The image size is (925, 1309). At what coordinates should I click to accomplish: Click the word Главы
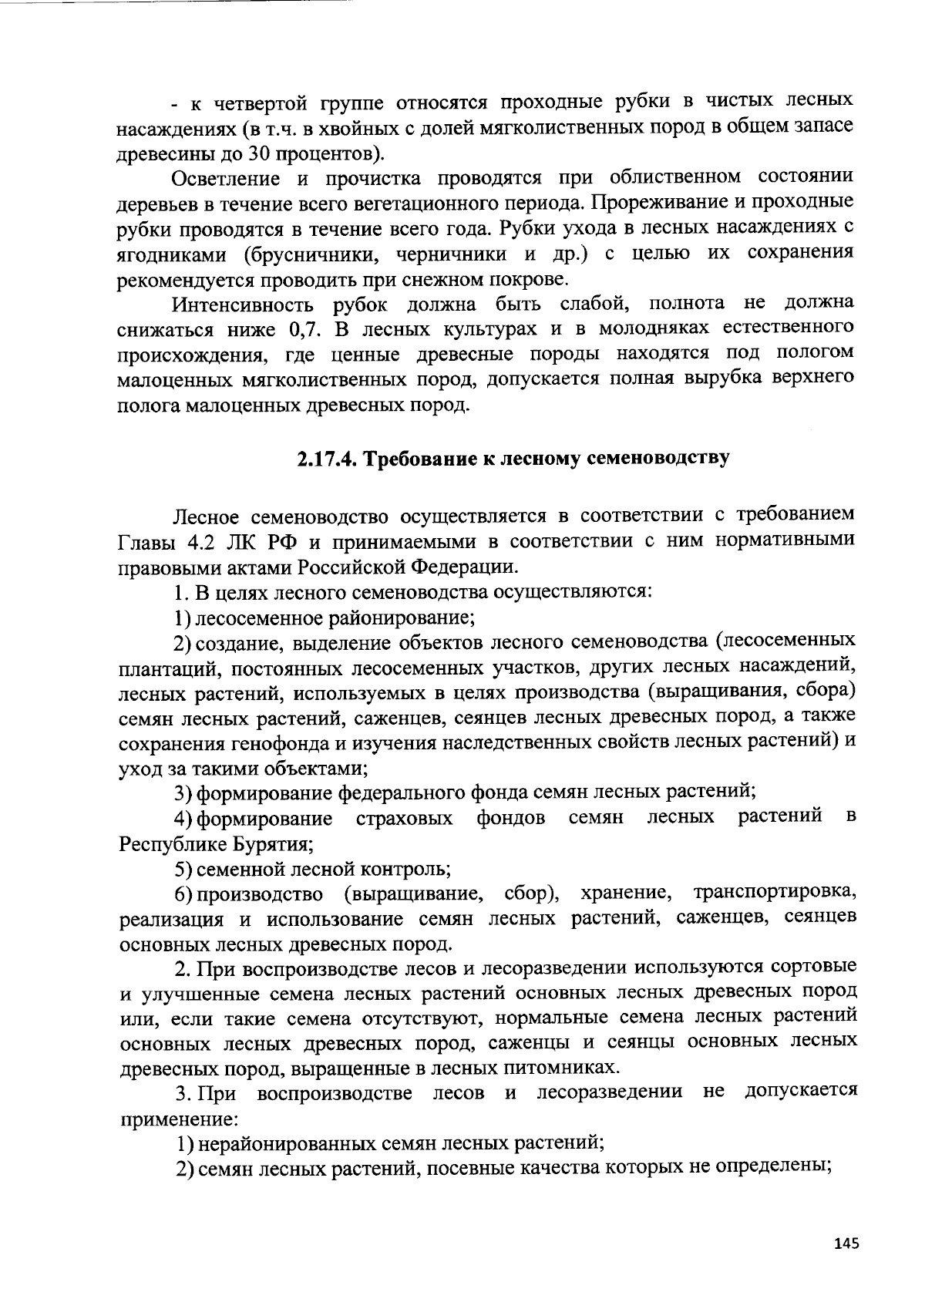click(x=146, y=541)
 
